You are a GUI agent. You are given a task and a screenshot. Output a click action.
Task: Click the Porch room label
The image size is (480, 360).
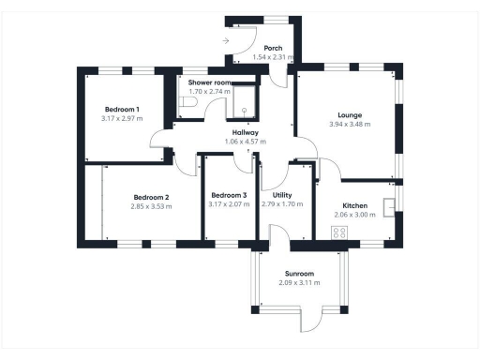click(x=273, y=48)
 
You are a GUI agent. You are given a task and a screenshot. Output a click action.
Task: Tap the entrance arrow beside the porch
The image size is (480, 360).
click(x=226, y=40)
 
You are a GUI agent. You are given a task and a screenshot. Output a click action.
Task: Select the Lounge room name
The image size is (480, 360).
click(x=351, y=115)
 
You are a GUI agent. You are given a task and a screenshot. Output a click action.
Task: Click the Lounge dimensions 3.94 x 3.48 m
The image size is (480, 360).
click(x=351, y=125)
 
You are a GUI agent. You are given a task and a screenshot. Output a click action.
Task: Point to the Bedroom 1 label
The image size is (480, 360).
click(x=122, y=111)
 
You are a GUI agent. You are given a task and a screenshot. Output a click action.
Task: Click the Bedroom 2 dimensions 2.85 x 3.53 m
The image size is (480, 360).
click(x=151, y=206)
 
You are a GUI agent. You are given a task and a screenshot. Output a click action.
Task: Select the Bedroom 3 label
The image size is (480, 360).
click(x=229, y=196)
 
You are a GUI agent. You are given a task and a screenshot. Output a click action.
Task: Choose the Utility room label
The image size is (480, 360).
click(x=281, y=194)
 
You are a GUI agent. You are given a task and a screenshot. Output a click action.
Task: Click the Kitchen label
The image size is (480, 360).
click(x=354, y=205)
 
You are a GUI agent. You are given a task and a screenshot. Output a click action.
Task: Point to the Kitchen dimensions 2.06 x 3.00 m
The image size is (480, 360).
click(x=354, y=215)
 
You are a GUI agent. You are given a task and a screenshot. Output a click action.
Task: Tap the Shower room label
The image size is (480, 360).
click(x=210, y=82)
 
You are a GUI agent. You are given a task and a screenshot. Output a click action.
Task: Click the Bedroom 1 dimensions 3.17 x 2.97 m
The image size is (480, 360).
click(x=122, y=120)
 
